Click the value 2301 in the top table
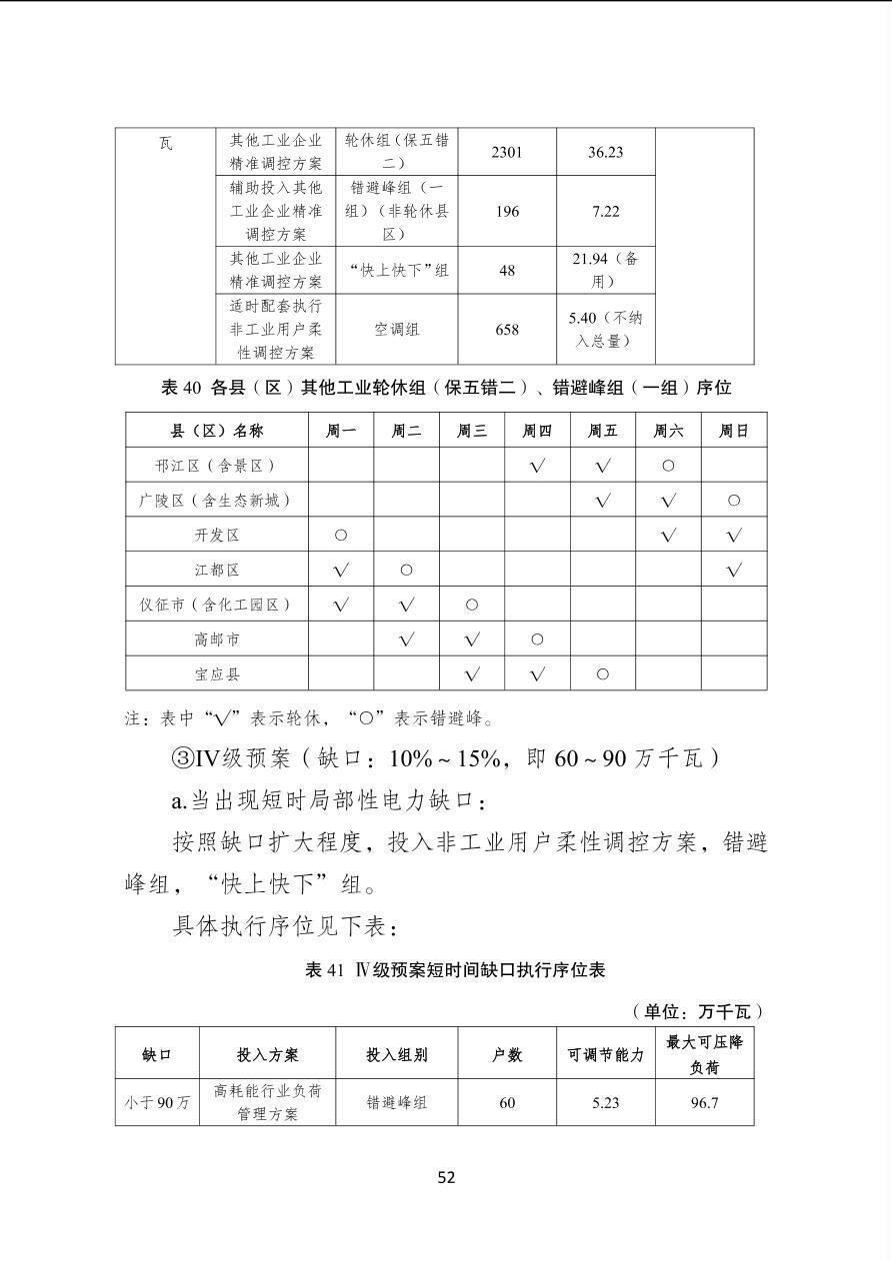coord(507,152)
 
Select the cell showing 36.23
coord(605,152)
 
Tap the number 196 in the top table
coord(507,212)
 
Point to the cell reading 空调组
coord(397,329)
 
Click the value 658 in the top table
coord(507,329)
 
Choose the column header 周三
coord(472,431)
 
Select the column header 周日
coord(734,431)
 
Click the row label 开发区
coord(217,536)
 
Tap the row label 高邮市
coord(217,639)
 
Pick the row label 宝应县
coord(217,674)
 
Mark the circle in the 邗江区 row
coord(668,466)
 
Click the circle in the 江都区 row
coord(406,571)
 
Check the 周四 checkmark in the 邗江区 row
coord(537,466)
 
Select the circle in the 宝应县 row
coord(602,674)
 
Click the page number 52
coord(446,1177)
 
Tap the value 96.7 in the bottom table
coord(704,1103)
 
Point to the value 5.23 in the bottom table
coord(605,1103)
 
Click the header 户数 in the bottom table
coord(507,1054)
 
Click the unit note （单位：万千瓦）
coord(698,1011)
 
